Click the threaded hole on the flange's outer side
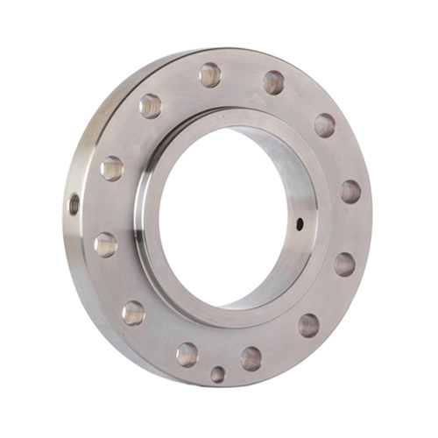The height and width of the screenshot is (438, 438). click(x=74, y=206)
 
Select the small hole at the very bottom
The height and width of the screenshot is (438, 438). click(x=217, y=374)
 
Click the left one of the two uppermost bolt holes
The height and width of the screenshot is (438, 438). click(x=210, y=74)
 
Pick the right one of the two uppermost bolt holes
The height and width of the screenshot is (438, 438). click(x=273, y=82)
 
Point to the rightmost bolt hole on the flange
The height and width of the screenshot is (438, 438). click(x=350, y=192)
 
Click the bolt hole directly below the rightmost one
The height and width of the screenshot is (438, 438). click(x=344, y=264)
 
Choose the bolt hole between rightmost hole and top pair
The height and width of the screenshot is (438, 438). click(x=324, y=124)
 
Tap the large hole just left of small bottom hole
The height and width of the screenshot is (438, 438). click(x=187, y=354)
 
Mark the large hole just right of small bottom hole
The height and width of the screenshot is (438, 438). click(x=251, y=357)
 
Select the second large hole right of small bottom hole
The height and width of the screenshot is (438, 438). click(x=308, y=325)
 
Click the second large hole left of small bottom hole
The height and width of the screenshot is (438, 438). click(x=133, y=312)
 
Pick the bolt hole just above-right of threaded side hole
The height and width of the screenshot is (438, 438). click(x=111, y=168)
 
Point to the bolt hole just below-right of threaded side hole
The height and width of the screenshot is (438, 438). click(x=106, y=244)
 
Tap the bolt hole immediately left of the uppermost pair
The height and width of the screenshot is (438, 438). click(x=151, y=106)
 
